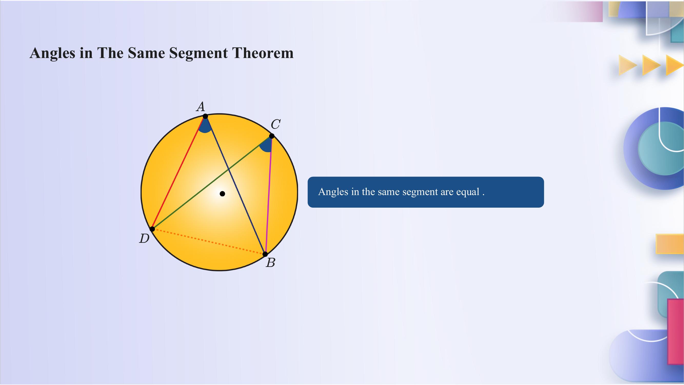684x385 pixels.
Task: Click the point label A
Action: (201, 107)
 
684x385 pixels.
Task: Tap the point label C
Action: (275, 124)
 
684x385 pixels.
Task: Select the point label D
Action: (144, 239)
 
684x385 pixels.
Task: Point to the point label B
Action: (270, 263)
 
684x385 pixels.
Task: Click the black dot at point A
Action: (205, 116)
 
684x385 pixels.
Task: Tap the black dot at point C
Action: (272, 136)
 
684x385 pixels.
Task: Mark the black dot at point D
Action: (152, 229)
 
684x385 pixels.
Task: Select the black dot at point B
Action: (265, 254)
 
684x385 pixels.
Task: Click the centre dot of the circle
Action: (223, 194)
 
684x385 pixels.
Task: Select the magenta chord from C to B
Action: (269, 195)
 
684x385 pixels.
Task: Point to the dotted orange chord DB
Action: (209, 242)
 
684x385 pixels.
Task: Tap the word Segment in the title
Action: (198, 53)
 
